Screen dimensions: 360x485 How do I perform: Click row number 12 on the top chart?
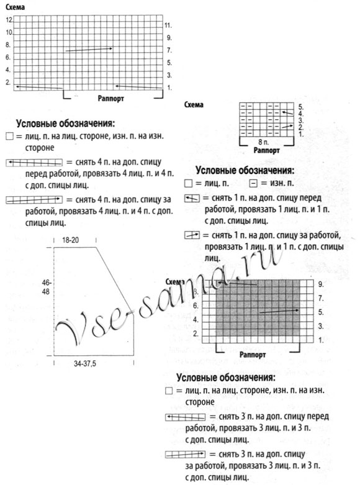tap(9, 20)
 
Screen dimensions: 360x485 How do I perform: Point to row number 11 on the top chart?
tap(168, 25)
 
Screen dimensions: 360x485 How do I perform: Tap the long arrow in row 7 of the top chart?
tap(89, 49)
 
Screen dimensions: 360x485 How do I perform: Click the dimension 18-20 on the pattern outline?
tap(73, 240)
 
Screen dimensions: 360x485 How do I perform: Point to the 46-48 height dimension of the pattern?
tap(46, 287)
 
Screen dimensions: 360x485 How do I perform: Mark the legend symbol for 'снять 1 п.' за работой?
tap(192, 235)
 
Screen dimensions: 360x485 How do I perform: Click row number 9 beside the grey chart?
tap(320, 284)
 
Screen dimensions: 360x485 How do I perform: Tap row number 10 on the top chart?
tap(9, 32)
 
